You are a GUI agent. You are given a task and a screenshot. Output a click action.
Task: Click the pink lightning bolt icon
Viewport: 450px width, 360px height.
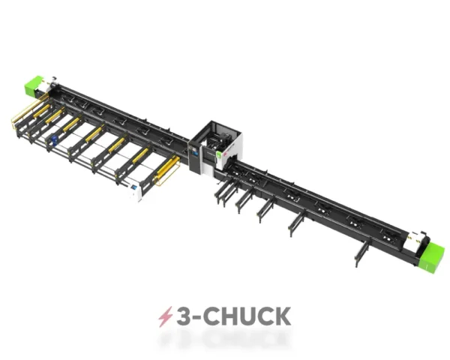pyautogui.click(x=163, y=316)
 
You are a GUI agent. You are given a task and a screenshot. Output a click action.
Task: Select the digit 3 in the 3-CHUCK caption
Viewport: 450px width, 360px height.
pyautogui.click(x=183, y=316)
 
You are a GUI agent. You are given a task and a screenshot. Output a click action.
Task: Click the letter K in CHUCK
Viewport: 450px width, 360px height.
pyautogui.click(x=280, y=316)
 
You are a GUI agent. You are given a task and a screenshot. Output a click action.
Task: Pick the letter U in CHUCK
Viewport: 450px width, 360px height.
pyautogui.click(x=246, y=316)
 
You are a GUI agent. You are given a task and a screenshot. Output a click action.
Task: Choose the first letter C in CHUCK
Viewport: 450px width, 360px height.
pyautogui.click(x=211, y=316)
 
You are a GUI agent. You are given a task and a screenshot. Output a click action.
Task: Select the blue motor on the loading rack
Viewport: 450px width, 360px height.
pyautogui.click(x=52, y=139)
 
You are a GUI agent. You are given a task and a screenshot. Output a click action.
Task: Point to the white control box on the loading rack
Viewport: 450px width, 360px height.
pyautogui.click(x=137, y=192)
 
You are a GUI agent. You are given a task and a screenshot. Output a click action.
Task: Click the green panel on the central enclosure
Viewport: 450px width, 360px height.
pyautogui.click(x=220, y=157)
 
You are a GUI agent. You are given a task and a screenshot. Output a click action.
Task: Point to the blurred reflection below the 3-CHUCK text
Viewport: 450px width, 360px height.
pyautogui.click(x=225, y=340)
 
